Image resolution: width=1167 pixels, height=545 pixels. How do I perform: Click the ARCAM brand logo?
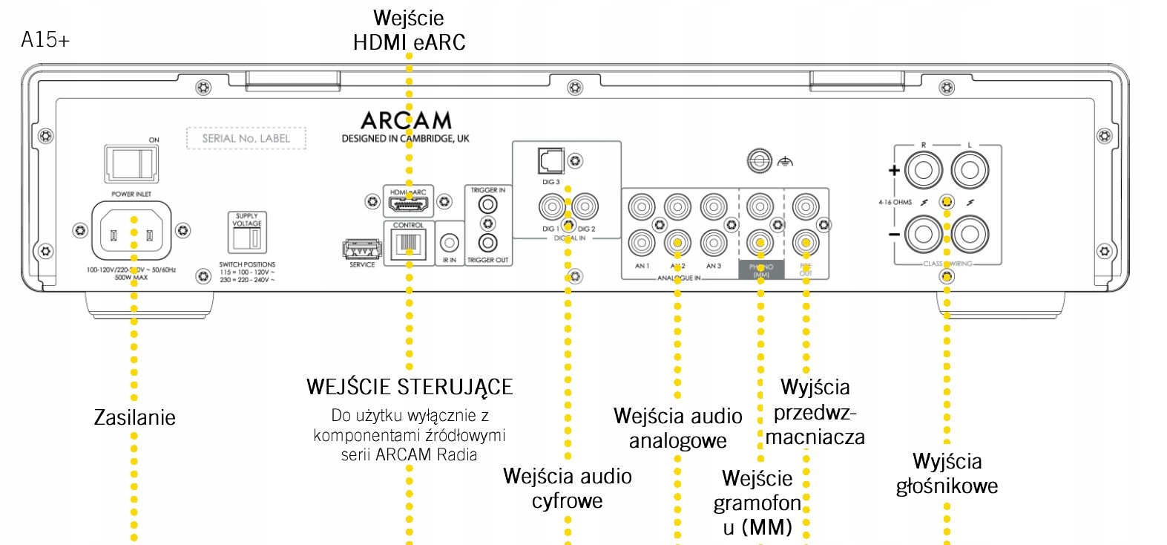[406, 120]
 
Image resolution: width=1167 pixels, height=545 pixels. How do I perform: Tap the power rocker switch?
[131, 163]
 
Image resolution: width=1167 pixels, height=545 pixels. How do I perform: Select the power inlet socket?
[131, 229]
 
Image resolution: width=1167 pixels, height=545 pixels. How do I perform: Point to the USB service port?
[362, 249]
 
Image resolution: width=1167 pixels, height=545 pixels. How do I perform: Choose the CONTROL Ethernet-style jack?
[408, 244]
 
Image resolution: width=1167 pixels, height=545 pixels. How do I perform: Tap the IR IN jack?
[450, 243]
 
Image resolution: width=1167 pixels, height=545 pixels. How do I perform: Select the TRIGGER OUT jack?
[487, 243]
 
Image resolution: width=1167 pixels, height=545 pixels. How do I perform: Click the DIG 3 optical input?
[550, 160]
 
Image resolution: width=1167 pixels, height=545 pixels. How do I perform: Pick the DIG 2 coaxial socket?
[585, 206]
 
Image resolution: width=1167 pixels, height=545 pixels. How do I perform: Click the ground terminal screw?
[758, 160]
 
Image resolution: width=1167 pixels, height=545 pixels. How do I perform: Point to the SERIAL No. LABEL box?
[246, 138]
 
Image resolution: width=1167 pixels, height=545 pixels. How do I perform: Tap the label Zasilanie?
[135, 417]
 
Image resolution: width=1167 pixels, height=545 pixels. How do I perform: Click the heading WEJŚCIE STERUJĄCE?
[410, 387]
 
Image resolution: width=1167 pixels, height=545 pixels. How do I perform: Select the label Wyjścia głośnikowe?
[947, 474]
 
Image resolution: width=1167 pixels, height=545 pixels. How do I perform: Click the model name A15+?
[45, 40]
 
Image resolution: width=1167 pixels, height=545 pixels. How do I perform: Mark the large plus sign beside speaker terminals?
[894, 170]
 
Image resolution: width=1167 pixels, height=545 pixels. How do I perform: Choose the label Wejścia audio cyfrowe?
[568, 488]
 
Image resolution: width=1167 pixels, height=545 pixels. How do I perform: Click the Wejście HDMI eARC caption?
[410, 30]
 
